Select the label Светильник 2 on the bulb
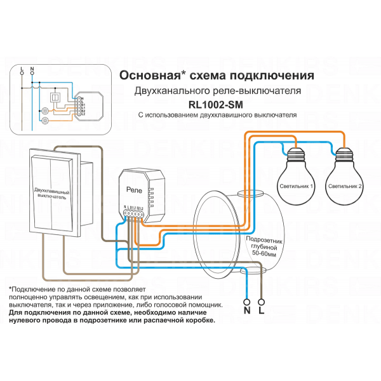[x=345, y=187]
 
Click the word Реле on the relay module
[x=135, y=189]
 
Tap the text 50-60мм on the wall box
[x=263, y=253]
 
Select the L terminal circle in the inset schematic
[x=22, y=72]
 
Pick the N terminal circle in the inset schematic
[x=32, y=72]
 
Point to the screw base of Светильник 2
[x=345, y=153]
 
